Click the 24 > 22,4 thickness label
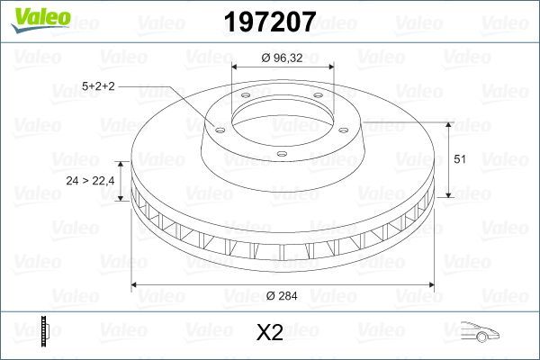pos(91,181)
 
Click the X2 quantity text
pos(270,334)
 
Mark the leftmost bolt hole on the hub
pos(216,127)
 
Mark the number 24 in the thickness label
pos(73,181)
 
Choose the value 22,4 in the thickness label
pos(103,181)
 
